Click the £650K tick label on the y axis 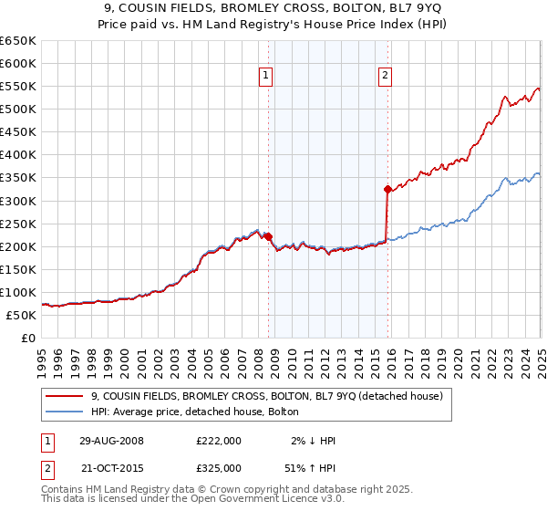18,41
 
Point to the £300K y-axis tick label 18,201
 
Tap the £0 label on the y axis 28,338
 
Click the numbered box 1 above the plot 265,77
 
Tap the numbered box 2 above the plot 386,77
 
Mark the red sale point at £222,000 268,236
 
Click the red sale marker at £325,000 387,190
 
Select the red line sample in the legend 65,396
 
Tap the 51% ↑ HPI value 313,467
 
